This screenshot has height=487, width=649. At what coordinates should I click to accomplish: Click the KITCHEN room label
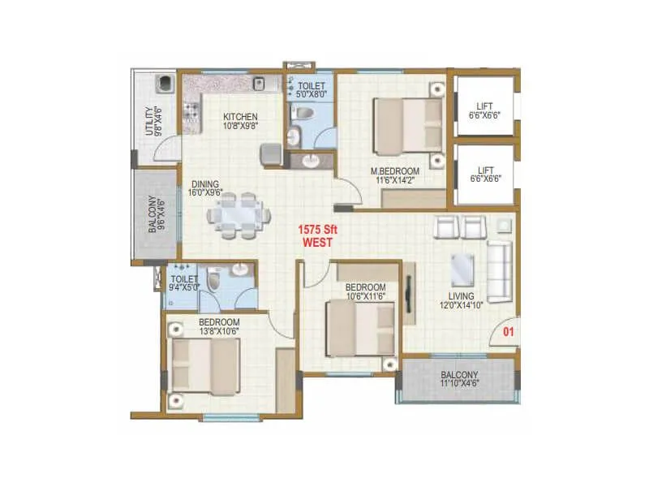pyautogui.click(x=241, y=117)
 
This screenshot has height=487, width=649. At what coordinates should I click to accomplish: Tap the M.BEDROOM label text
pyautogui.click(x=395, y=171)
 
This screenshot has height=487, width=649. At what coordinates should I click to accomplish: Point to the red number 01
pyautogui.click(x=509, y=331)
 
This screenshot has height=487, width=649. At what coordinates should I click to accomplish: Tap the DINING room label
pyautogui.click(x=205, y=183)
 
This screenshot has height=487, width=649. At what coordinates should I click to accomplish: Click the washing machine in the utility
pyautogui.click(x=165, y=84)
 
